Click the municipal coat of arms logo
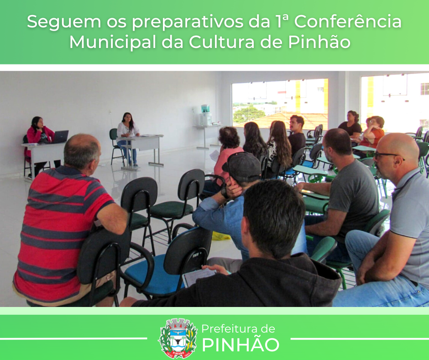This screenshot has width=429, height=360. [x=178, y=338]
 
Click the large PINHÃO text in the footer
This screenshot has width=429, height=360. [x=240, y=345]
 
